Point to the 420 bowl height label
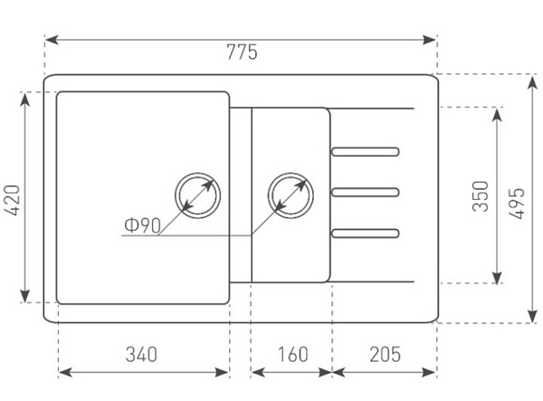pos(13,198)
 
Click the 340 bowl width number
pos(143,353)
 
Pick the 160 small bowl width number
pos(291,353)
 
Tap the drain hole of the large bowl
pos(197,194)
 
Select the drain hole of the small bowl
pos(291,194)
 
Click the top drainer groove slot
pos(366,150)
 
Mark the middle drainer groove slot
pos(366,192)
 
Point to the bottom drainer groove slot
pos(366,233)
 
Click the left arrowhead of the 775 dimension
pos(49,40)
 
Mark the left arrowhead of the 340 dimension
pos(62,372)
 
